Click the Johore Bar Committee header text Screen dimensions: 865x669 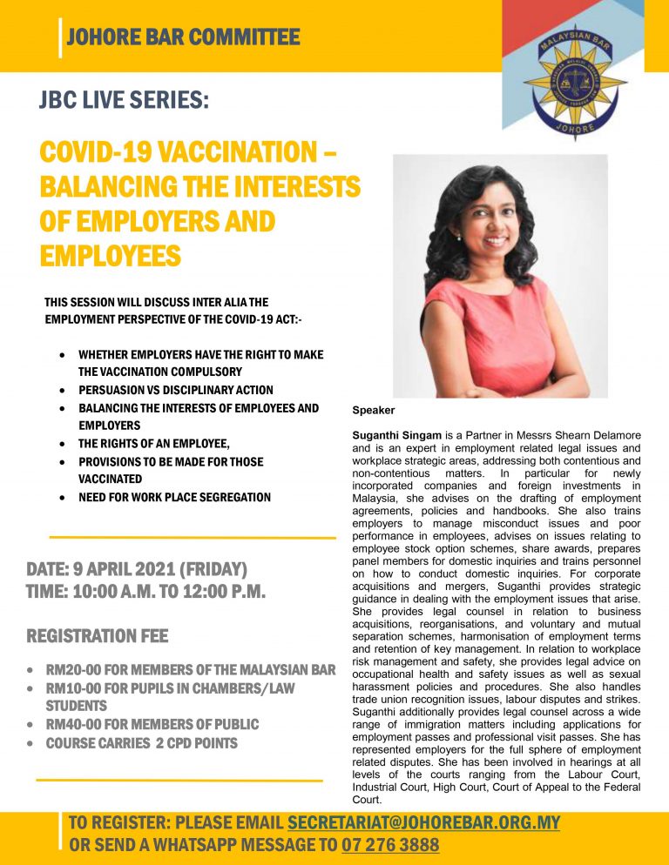183,37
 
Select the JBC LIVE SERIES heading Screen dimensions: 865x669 125,100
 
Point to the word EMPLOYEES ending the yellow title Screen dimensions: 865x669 111,256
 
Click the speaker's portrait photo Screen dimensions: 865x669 500,276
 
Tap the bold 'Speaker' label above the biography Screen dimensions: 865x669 374,410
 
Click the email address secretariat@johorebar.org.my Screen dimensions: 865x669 423,822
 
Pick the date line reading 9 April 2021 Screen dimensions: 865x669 138,570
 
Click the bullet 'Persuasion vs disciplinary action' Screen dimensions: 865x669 175,390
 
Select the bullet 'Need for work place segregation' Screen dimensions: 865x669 174,497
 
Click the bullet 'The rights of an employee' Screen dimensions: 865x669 154,444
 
